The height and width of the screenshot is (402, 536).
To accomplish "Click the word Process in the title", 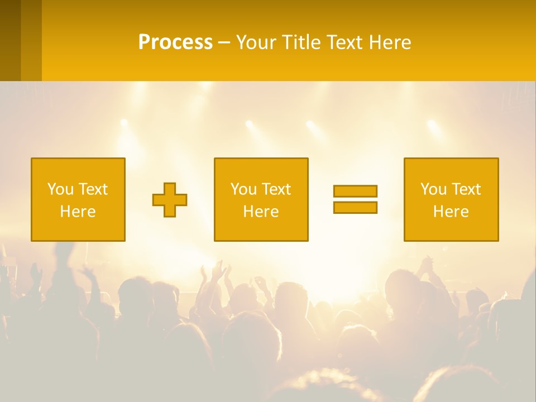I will coord(175,42).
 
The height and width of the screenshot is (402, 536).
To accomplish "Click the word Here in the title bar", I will coord(390,42).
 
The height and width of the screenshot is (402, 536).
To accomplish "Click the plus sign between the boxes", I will coord(170,200).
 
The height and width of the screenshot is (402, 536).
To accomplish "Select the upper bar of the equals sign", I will coord(355,191).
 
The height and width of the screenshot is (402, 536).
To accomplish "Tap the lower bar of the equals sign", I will coord(355,207).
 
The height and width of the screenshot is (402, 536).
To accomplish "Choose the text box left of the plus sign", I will coord(78,199).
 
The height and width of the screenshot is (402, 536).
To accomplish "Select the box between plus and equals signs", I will coord(261,199).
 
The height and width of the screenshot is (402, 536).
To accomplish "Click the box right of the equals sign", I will coord(451,199).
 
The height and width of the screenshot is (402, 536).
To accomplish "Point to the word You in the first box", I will coord(61,189).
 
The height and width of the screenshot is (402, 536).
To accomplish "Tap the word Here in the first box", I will coord(78,212).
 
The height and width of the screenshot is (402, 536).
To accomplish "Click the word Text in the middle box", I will coord(276,189).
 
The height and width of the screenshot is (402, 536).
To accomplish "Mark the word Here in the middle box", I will coord(261,212).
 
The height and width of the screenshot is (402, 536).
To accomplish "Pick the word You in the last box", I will coord(434,189).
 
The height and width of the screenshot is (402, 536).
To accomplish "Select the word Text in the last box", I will coord(466,189).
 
